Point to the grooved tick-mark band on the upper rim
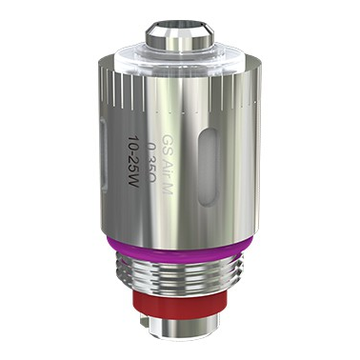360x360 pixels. [x=143, y=90]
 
